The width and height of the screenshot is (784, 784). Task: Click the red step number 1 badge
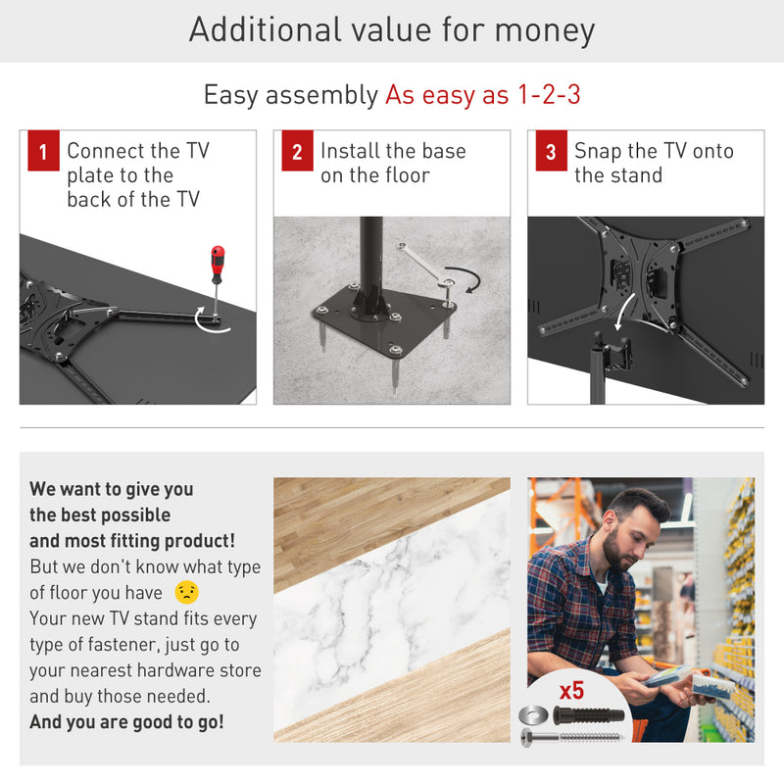pyautogui.click(x=43, y=151)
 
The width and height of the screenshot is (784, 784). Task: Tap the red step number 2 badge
pyautogui.click(x=298, y=151)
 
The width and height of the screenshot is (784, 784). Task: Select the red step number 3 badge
pyautogui.click(x=552, y=151)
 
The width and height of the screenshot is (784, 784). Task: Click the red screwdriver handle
pyautogui.click(x=218, y=264)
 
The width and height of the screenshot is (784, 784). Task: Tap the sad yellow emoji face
pyautogui.click(x=187, y=593)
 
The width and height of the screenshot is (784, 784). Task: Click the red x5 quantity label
pyautogui.click(x=571, y=691)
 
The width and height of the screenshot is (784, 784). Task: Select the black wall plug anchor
pyautogui.click(x=589, y=715)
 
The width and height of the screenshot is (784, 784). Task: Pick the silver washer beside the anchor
pyautogui.click(x=533, y=715)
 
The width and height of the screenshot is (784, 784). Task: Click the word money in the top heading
pyautogui.click(x=545, y=30)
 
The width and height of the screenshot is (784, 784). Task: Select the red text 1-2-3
pyautogui.click(x=549, y=94)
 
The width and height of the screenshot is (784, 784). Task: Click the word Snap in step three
pyautogui.click(x=598, y=151)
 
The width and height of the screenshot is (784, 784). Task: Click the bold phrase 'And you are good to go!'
pyautogui.click(x=126, y=722)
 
